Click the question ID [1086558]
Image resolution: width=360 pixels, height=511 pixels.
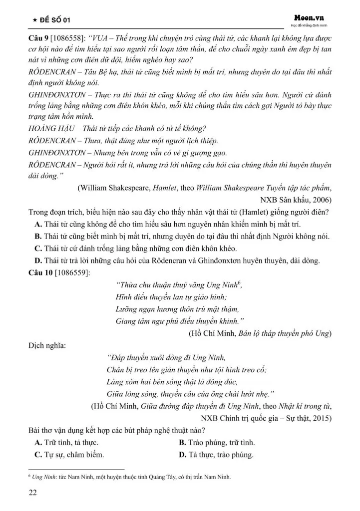coord(68,37)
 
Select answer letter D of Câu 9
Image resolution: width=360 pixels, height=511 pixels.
coord(37,260)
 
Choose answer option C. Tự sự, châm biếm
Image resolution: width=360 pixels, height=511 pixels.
coord(69,455)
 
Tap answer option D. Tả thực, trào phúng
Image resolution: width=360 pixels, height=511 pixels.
coord(216,455)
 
